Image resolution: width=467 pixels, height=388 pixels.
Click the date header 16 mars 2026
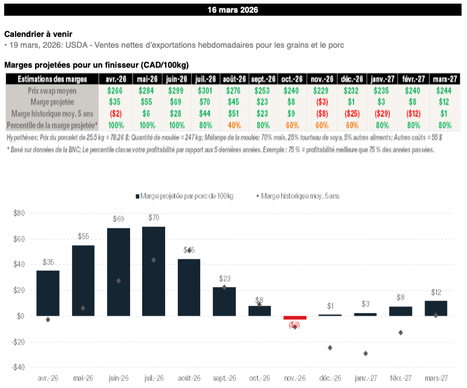point(233,10)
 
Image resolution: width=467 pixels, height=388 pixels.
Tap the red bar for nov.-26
point(295,317)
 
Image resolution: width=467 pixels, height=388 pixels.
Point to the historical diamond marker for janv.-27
point(365,353)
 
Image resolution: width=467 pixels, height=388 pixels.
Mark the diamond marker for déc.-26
point(330,348)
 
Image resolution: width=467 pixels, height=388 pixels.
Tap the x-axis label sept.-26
point(224,379)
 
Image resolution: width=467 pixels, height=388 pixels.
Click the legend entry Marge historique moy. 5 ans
point(299,196)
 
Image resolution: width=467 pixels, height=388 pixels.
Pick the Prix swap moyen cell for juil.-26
point(205,91)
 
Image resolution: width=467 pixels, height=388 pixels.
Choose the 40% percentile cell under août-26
point(234,125)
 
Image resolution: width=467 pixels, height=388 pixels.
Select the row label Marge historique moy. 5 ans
point(51,114)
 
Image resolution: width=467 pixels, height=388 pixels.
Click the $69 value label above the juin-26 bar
point(118,217)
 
